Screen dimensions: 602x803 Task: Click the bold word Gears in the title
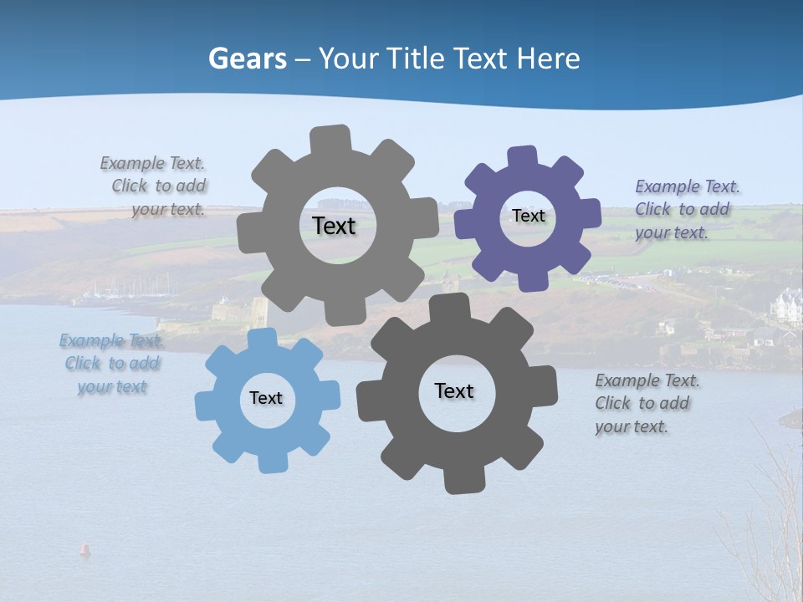coord(248,59)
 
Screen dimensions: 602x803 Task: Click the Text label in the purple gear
coord(528,216)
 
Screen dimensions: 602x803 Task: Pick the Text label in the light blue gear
coord(266,398)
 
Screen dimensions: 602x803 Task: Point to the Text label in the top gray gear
coord(334,226)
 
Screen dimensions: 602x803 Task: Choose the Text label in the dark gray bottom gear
coord(454,390)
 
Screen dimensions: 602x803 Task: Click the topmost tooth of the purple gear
coord(523,157)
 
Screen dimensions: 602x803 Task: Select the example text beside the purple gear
coord(688,209)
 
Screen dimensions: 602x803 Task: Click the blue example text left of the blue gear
coord(112,363)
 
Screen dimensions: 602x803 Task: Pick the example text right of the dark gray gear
coord(647,403)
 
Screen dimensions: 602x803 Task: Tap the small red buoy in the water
coord(84,549)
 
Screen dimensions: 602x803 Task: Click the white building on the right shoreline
coord(786,306)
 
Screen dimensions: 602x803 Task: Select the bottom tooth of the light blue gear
coord(270,462)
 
